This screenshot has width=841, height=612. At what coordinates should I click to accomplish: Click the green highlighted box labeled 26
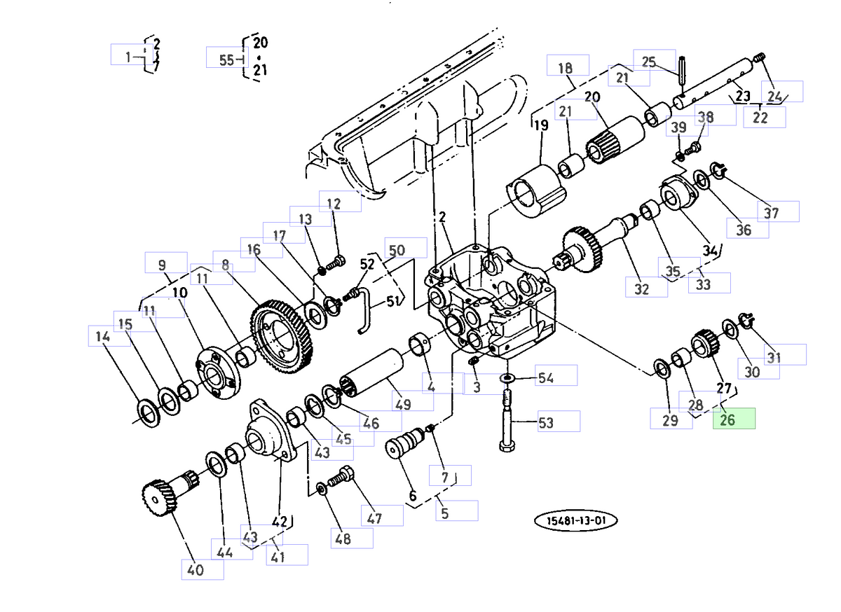(x=734, y=420)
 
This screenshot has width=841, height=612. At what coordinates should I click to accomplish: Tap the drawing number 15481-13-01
(x=576, y=521)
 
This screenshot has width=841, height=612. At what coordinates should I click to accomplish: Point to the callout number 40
(x=196, y=570)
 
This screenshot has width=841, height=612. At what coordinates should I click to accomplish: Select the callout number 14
(x=103, y=338)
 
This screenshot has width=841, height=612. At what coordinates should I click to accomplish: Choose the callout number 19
(x=540, y=126)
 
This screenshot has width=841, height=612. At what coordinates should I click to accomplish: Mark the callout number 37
(x=771, y=213)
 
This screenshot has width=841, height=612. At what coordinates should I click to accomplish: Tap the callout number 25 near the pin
(x=649, y=62)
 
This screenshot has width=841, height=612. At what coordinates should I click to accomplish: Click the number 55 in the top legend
(x=226, y=60)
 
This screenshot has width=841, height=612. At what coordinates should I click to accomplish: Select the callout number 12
(x=334, y=204)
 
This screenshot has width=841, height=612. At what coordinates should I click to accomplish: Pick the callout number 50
(x=397, y=250)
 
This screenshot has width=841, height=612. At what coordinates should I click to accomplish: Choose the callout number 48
(x=343, y=538)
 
